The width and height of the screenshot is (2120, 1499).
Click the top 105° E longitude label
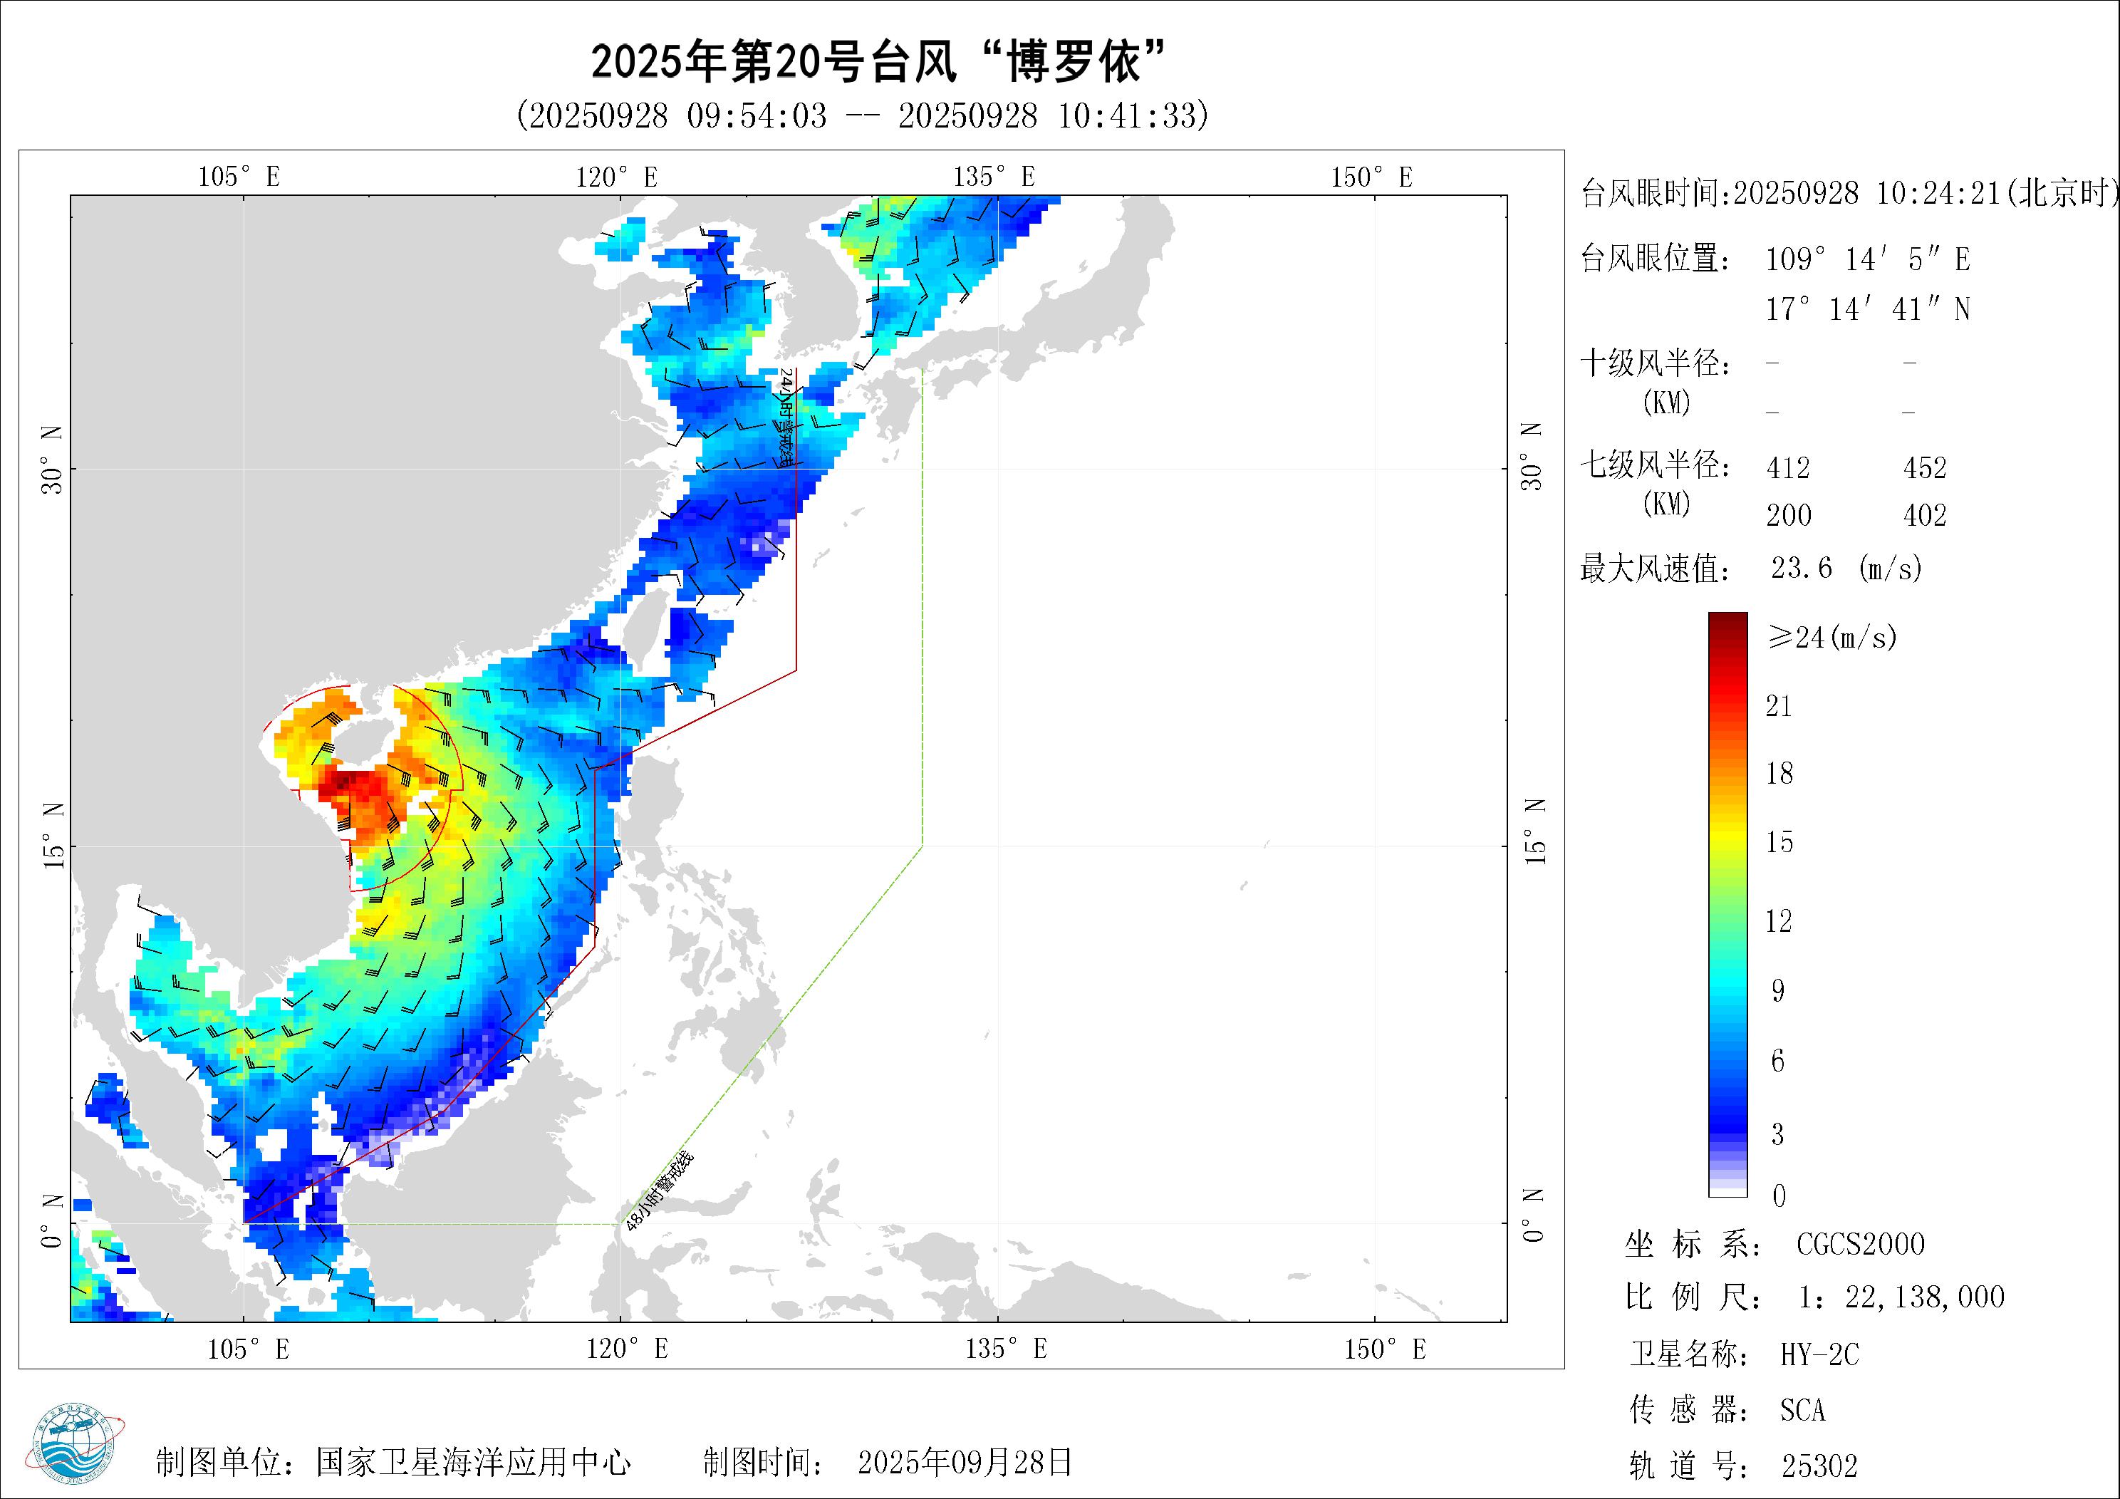coord(239,177)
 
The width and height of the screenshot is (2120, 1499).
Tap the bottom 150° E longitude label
coord(1384,1349)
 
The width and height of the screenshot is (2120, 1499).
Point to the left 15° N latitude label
coord(53,835)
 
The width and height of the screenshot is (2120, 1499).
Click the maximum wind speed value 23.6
coord(1802,567)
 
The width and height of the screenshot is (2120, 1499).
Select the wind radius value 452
coord(1924,468)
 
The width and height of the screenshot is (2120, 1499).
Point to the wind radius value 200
coord(1789,515)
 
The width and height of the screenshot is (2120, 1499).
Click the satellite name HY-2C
coord(1819,1355)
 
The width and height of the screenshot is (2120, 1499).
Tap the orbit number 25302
coord(1819,1466)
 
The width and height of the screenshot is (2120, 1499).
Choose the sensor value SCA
coord(1802,1411)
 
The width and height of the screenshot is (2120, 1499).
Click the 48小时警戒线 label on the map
coord(658,1191)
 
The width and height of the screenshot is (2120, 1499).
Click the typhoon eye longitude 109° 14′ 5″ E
coord(1868,259)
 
